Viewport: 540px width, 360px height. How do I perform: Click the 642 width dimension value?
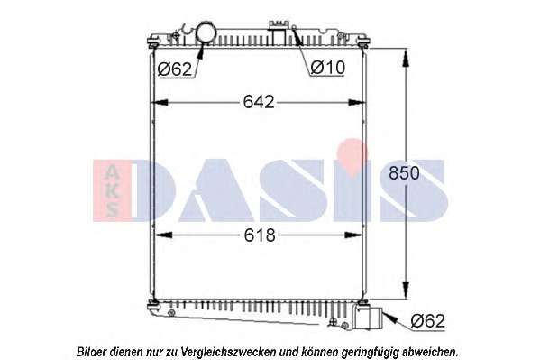259,102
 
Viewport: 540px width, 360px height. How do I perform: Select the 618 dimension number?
260,235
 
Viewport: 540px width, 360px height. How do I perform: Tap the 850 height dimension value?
404,173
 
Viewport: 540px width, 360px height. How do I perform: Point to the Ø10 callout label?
327,68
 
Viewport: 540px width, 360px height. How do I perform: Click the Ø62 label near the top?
175,69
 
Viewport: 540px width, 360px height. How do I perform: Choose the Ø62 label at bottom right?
428,321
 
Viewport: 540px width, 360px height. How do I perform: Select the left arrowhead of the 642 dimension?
160,103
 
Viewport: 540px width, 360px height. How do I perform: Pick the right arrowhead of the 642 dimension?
356,103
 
